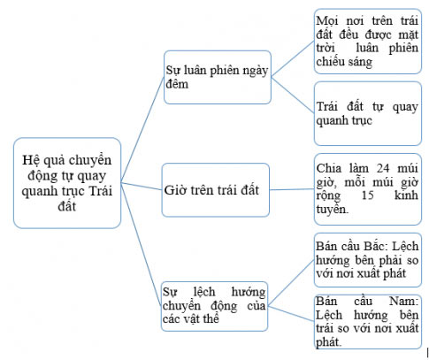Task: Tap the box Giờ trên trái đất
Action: tap(217, 188)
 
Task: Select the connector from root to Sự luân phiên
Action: tap(142, 124)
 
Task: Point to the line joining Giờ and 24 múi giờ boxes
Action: tap(293, 188)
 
